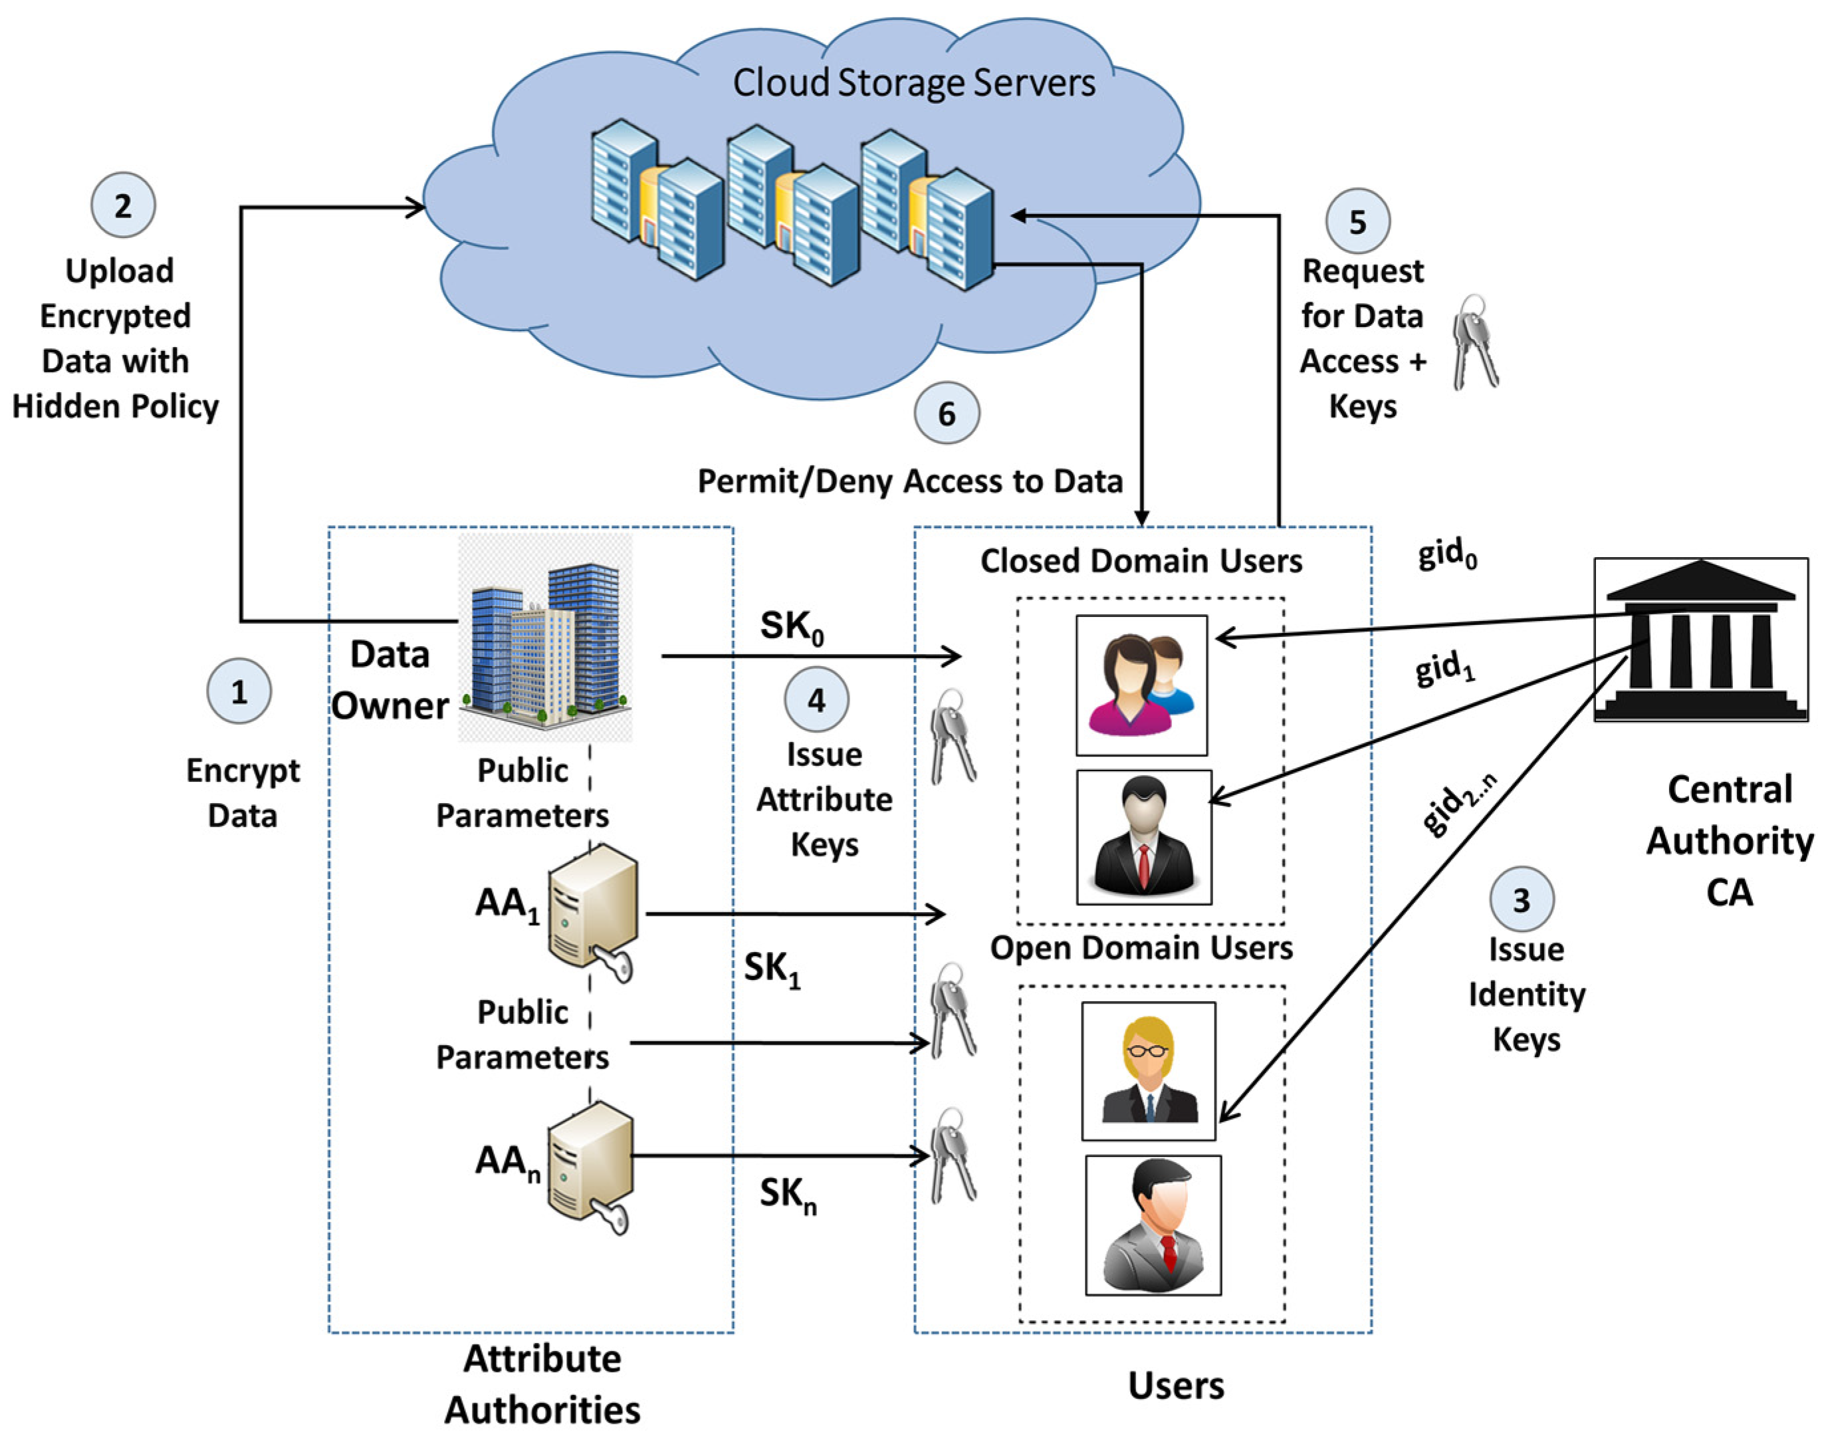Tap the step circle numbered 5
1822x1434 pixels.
[1357, 221]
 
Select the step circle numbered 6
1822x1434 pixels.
[946, 413]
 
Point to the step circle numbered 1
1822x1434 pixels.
[239, 691]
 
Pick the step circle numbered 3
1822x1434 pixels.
[1521, 899]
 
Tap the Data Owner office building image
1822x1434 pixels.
[544, 638]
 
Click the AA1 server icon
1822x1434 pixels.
[592, 911]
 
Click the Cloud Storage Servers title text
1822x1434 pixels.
[913, 82]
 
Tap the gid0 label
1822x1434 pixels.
[1447, 554]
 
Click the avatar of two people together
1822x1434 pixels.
[1141, 685]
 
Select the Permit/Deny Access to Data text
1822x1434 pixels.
[910, 481]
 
